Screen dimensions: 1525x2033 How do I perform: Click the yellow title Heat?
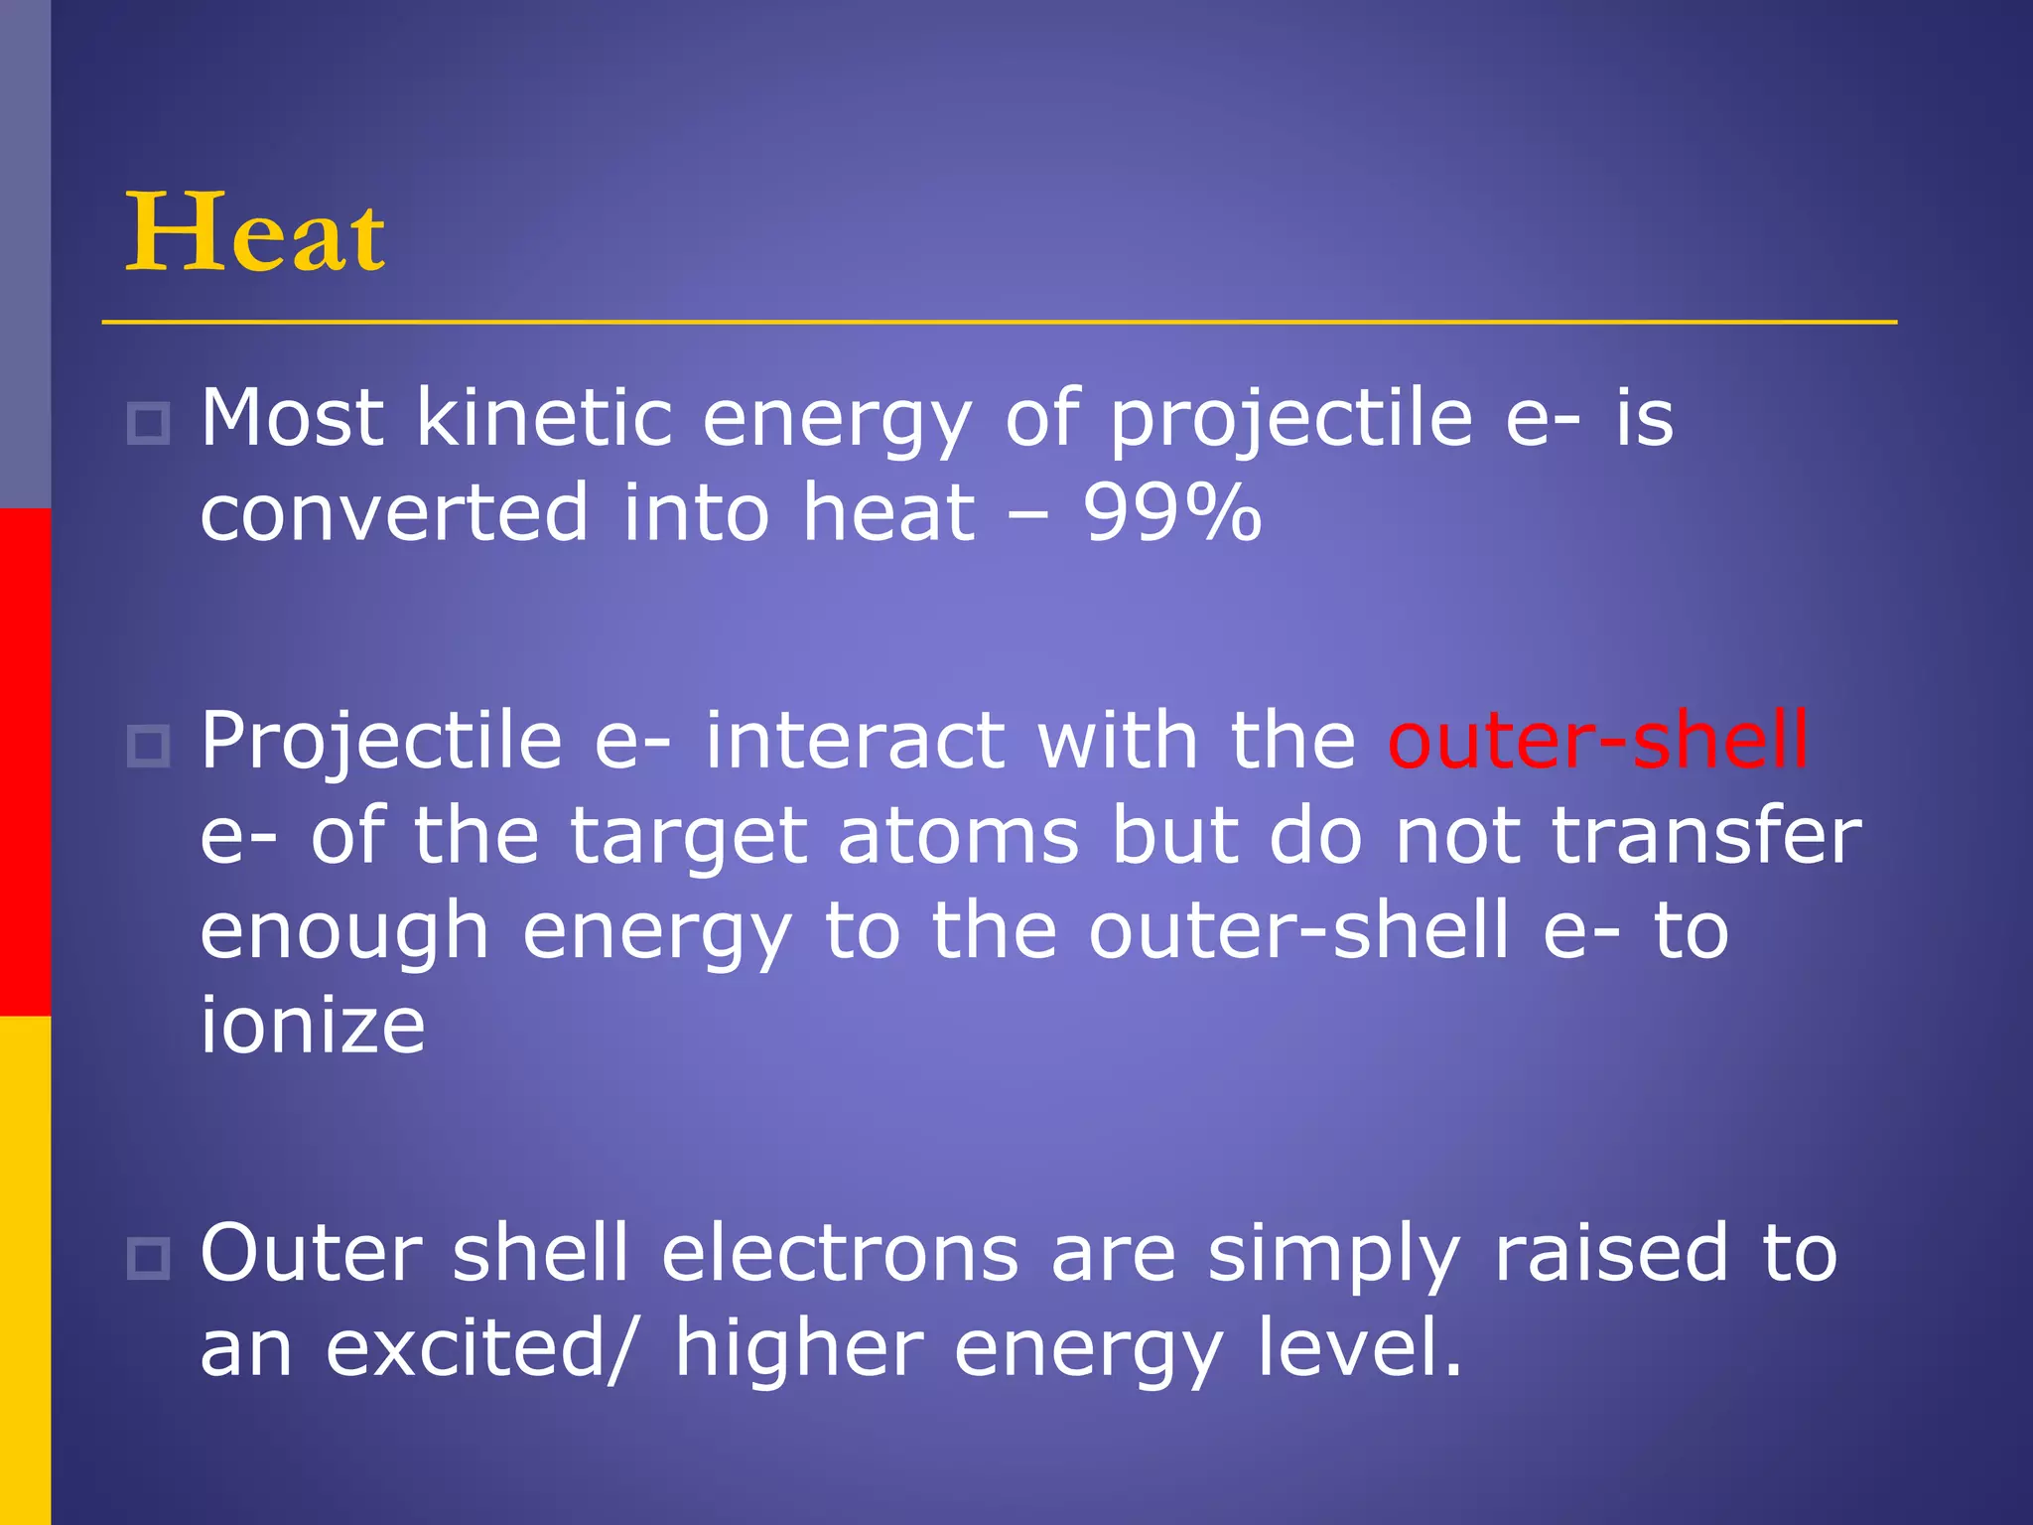pyautogui.click(x=255, y=233)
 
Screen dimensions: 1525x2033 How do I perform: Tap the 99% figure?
pyautogui.click(x=1171, y=513)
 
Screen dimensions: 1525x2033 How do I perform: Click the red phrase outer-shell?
pyautogui.click(x=1597, y=741)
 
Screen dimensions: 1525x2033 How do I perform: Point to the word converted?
pyautogui.click(x=394, y=513)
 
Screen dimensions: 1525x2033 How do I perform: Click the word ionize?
pyautogui.click(x=313, y=1026)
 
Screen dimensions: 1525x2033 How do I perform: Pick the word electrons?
pyautogui.click(x=840, y=1253)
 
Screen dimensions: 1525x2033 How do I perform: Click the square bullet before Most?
pyautogui.click(x=149, y=424)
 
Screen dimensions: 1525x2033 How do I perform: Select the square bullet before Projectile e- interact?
pyautogui.click(x=149, y=746)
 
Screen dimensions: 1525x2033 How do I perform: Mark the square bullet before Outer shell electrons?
pyautogui.click(x=149, y=1258)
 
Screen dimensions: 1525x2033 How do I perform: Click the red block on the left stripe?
pyautogui.click(x=25, y=762)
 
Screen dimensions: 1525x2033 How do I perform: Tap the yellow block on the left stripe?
pyautogui.click(x=25, y=1270)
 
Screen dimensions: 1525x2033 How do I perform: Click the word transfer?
pyautogui.click(x=1705, y=836)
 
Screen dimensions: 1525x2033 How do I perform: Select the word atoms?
pyautogui.click(x=958, y=836)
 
